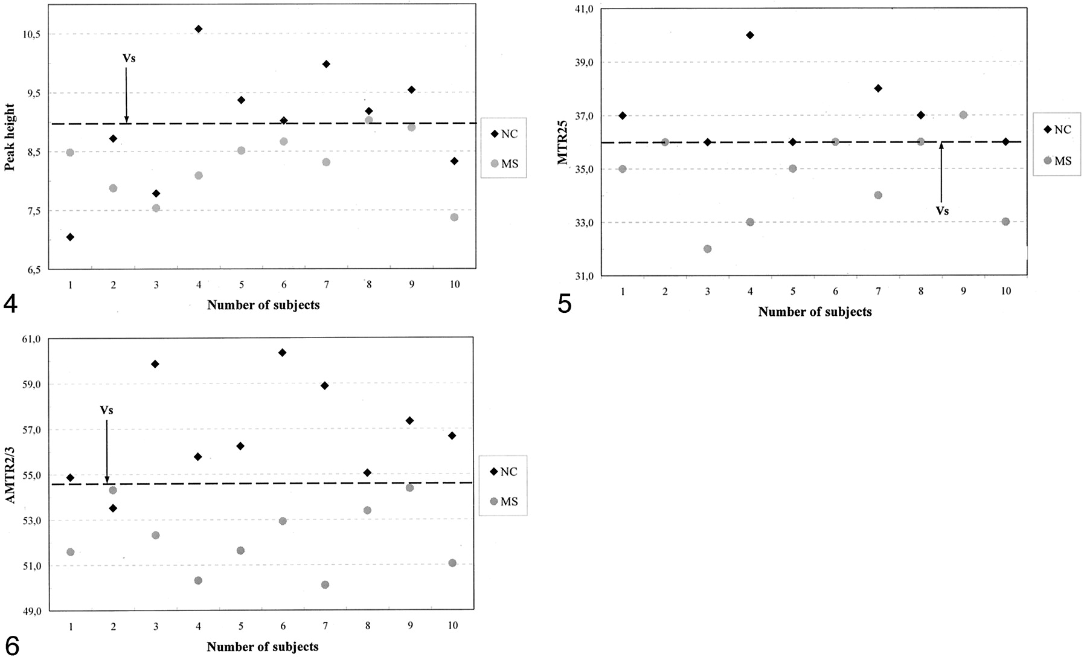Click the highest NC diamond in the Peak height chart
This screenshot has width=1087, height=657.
(x=199, y=29)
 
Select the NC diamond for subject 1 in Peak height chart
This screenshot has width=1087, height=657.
(x=70, y=237)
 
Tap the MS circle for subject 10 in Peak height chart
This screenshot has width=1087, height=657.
(x=454, y=217)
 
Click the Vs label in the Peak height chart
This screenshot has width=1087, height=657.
(x=129, y=59)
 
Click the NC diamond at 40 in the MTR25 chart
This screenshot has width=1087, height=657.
(x=750, y=35)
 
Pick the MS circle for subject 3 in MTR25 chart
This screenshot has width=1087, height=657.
(x=707, y=249)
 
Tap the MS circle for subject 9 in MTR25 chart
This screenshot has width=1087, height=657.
(x=963, y=115)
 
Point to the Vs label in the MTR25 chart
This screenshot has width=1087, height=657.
(x=941, y=211)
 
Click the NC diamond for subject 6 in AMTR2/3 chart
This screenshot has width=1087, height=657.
(x=282, y=353)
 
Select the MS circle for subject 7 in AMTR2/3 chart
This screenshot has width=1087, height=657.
(x=325, y=585)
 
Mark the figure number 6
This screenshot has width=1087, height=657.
(x=11, y=645)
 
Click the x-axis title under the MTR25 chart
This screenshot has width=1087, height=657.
(x=815, y=312)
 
